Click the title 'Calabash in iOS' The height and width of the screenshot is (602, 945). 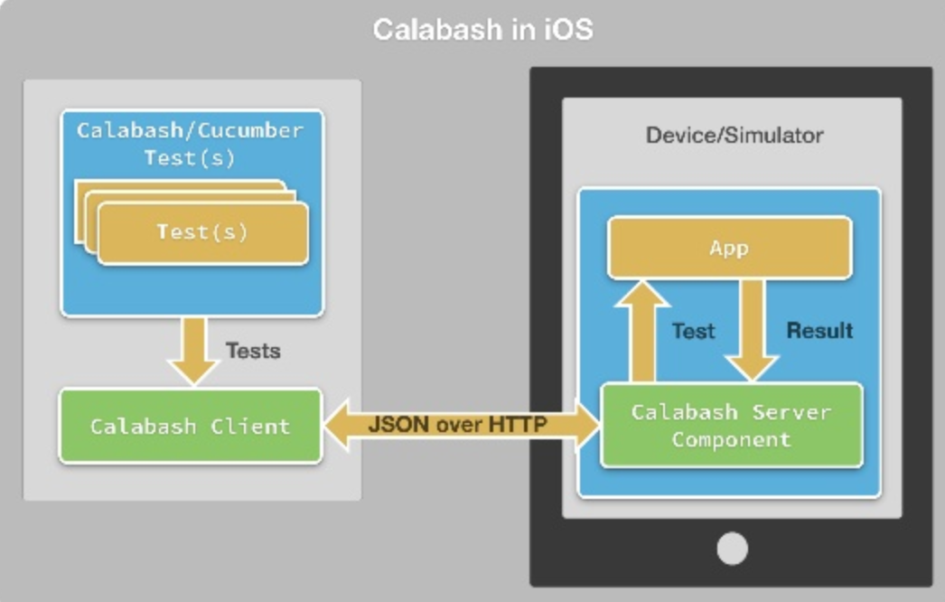coord(482,29)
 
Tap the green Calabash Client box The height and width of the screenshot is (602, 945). coord(191,426)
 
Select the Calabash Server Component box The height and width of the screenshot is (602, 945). coord(731,426)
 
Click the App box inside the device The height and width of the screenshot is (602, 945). coord(729,247)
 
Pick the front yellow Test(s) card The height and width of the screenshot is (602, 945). coord(202,232)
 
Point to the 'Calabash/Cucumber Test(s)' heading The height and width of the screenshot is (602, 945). coord(190,144)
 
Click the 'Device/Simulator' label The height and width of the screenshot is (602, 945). coord(734,136)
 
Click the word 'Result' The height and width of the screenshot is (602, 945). coord(819,331)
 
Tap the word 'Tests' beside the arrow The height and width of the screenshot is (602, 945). coord(252,351)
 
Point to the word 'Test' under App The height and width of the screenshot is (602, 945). coord(693,332)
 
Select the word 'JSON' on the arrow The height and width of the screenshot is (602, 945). coord(394,424)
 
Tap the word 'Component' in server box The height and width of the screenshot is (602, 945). coord(731,440)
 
